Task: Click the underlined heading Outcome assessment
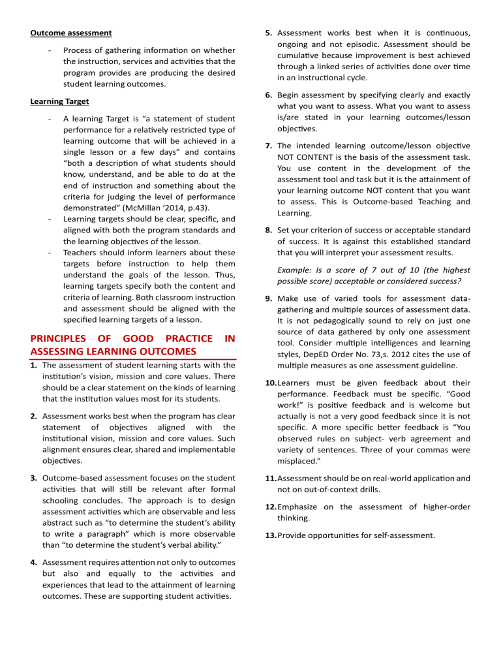pyautogui.click(x=70, y=33)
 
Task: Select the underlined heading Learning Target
pyautogui.click(x=61, y=102)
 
